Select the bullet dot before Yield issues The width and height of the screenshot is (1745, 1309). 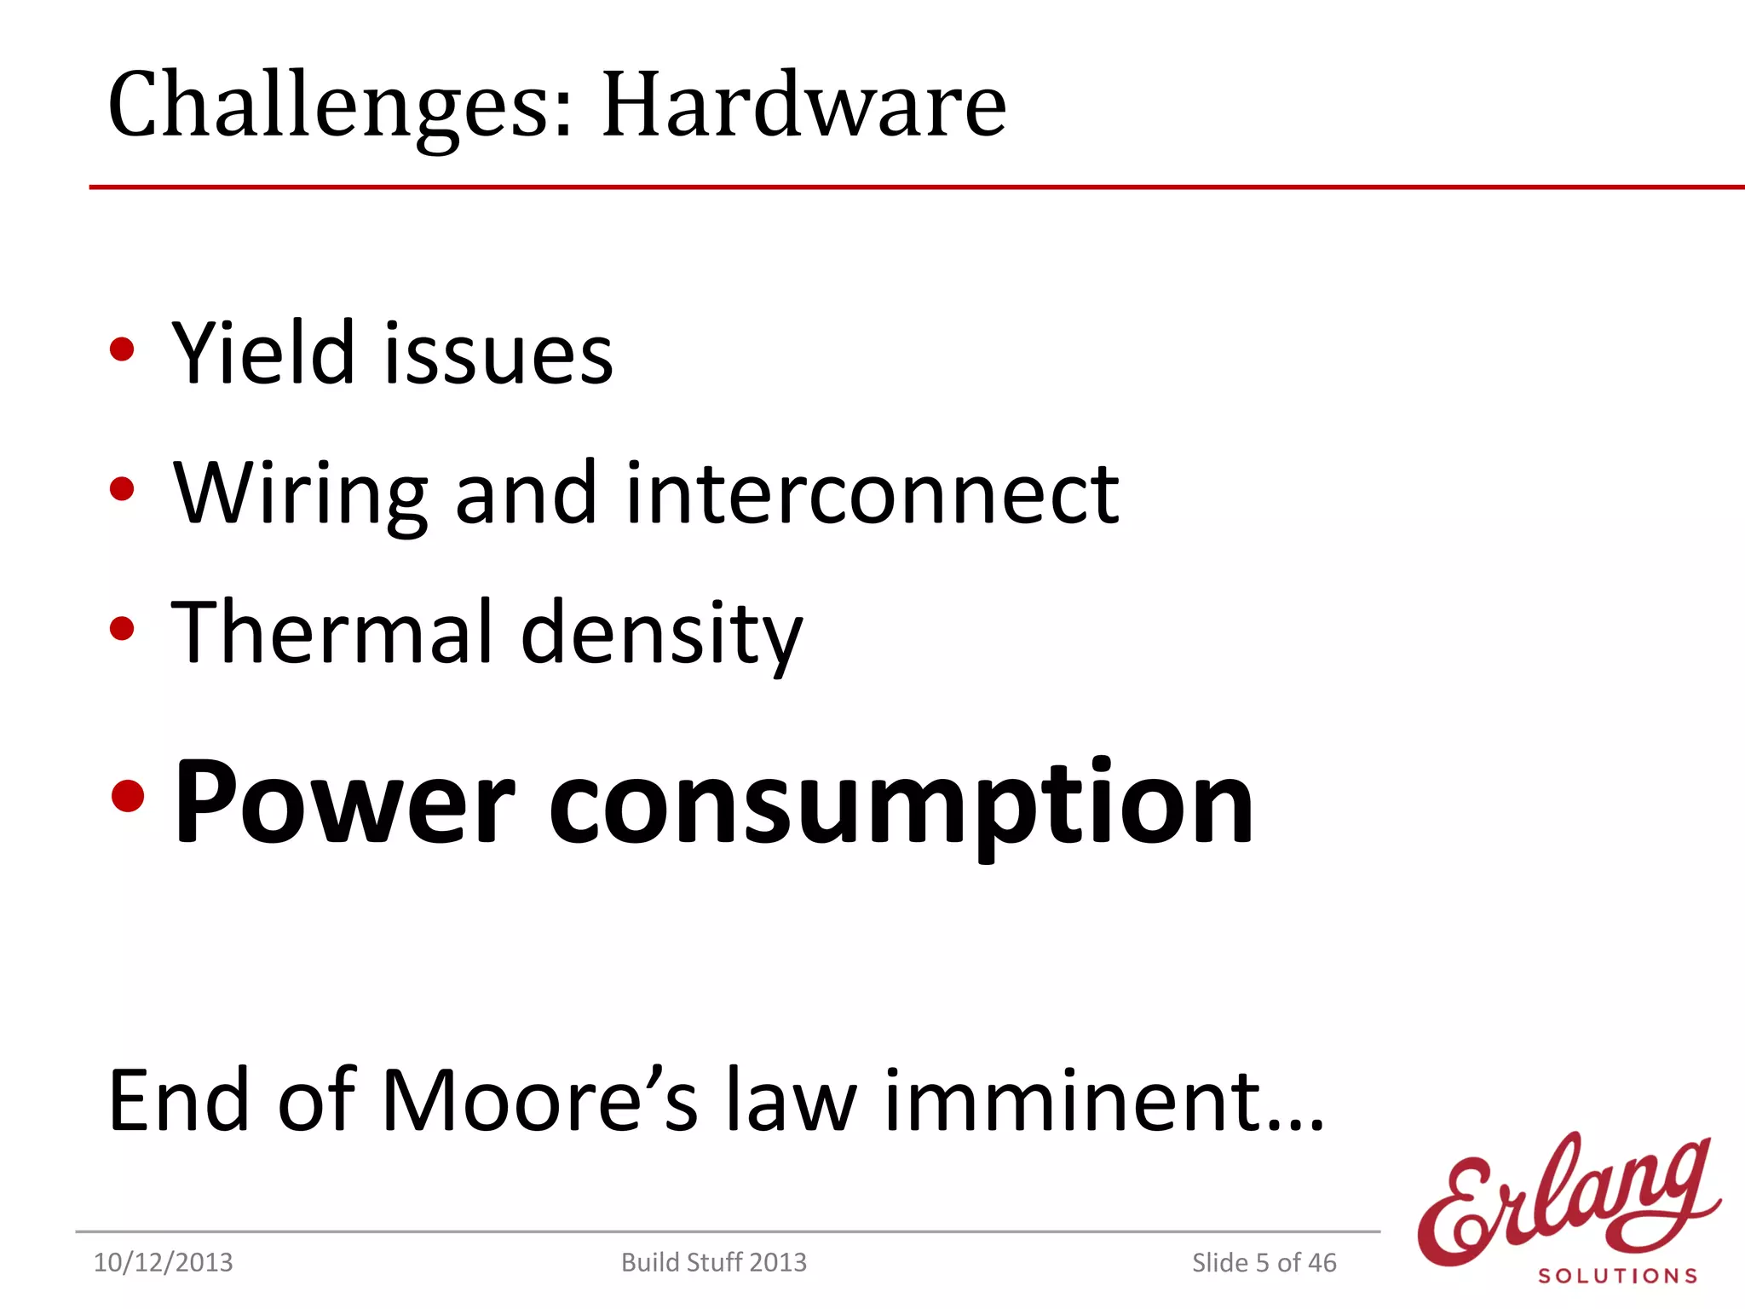pyautogui.click(x=122, y=349)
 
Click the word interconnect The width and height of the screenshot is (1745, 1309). pyautogui.click(x=872, y=494)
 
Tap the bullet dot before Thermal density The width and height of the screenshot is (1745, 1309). pyautogui.click(x=122, y=629)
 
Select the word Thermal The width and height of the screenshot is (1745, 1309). pyautogui.click(x=332, y=632)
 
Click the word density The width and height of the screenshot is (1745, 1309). pyautogui.click(x=661, y=635)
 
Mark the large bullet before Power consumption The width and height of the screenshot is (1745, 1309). pyautogui.click(x=128, y=796)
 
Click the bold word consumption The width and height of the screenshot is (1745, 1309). pyautogui.click(x=901, y=805)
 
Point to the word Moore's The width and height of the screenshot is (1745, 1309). pyautogui.click(x=539, y=1100)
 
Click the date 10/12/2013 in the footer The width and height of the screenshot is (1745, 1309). pyautogui.click(x=163, y=1262)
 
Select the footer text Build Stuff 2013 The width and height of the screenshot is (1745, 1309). pyautogui.click(x=713, y=1262)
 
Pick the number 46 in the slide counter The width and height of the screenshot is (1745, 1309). pyautogui.click(x=1322, y=1262)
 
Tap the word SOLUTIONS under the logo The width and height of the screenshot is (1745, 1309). pyautogui.click(x=1617, y=1276)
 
